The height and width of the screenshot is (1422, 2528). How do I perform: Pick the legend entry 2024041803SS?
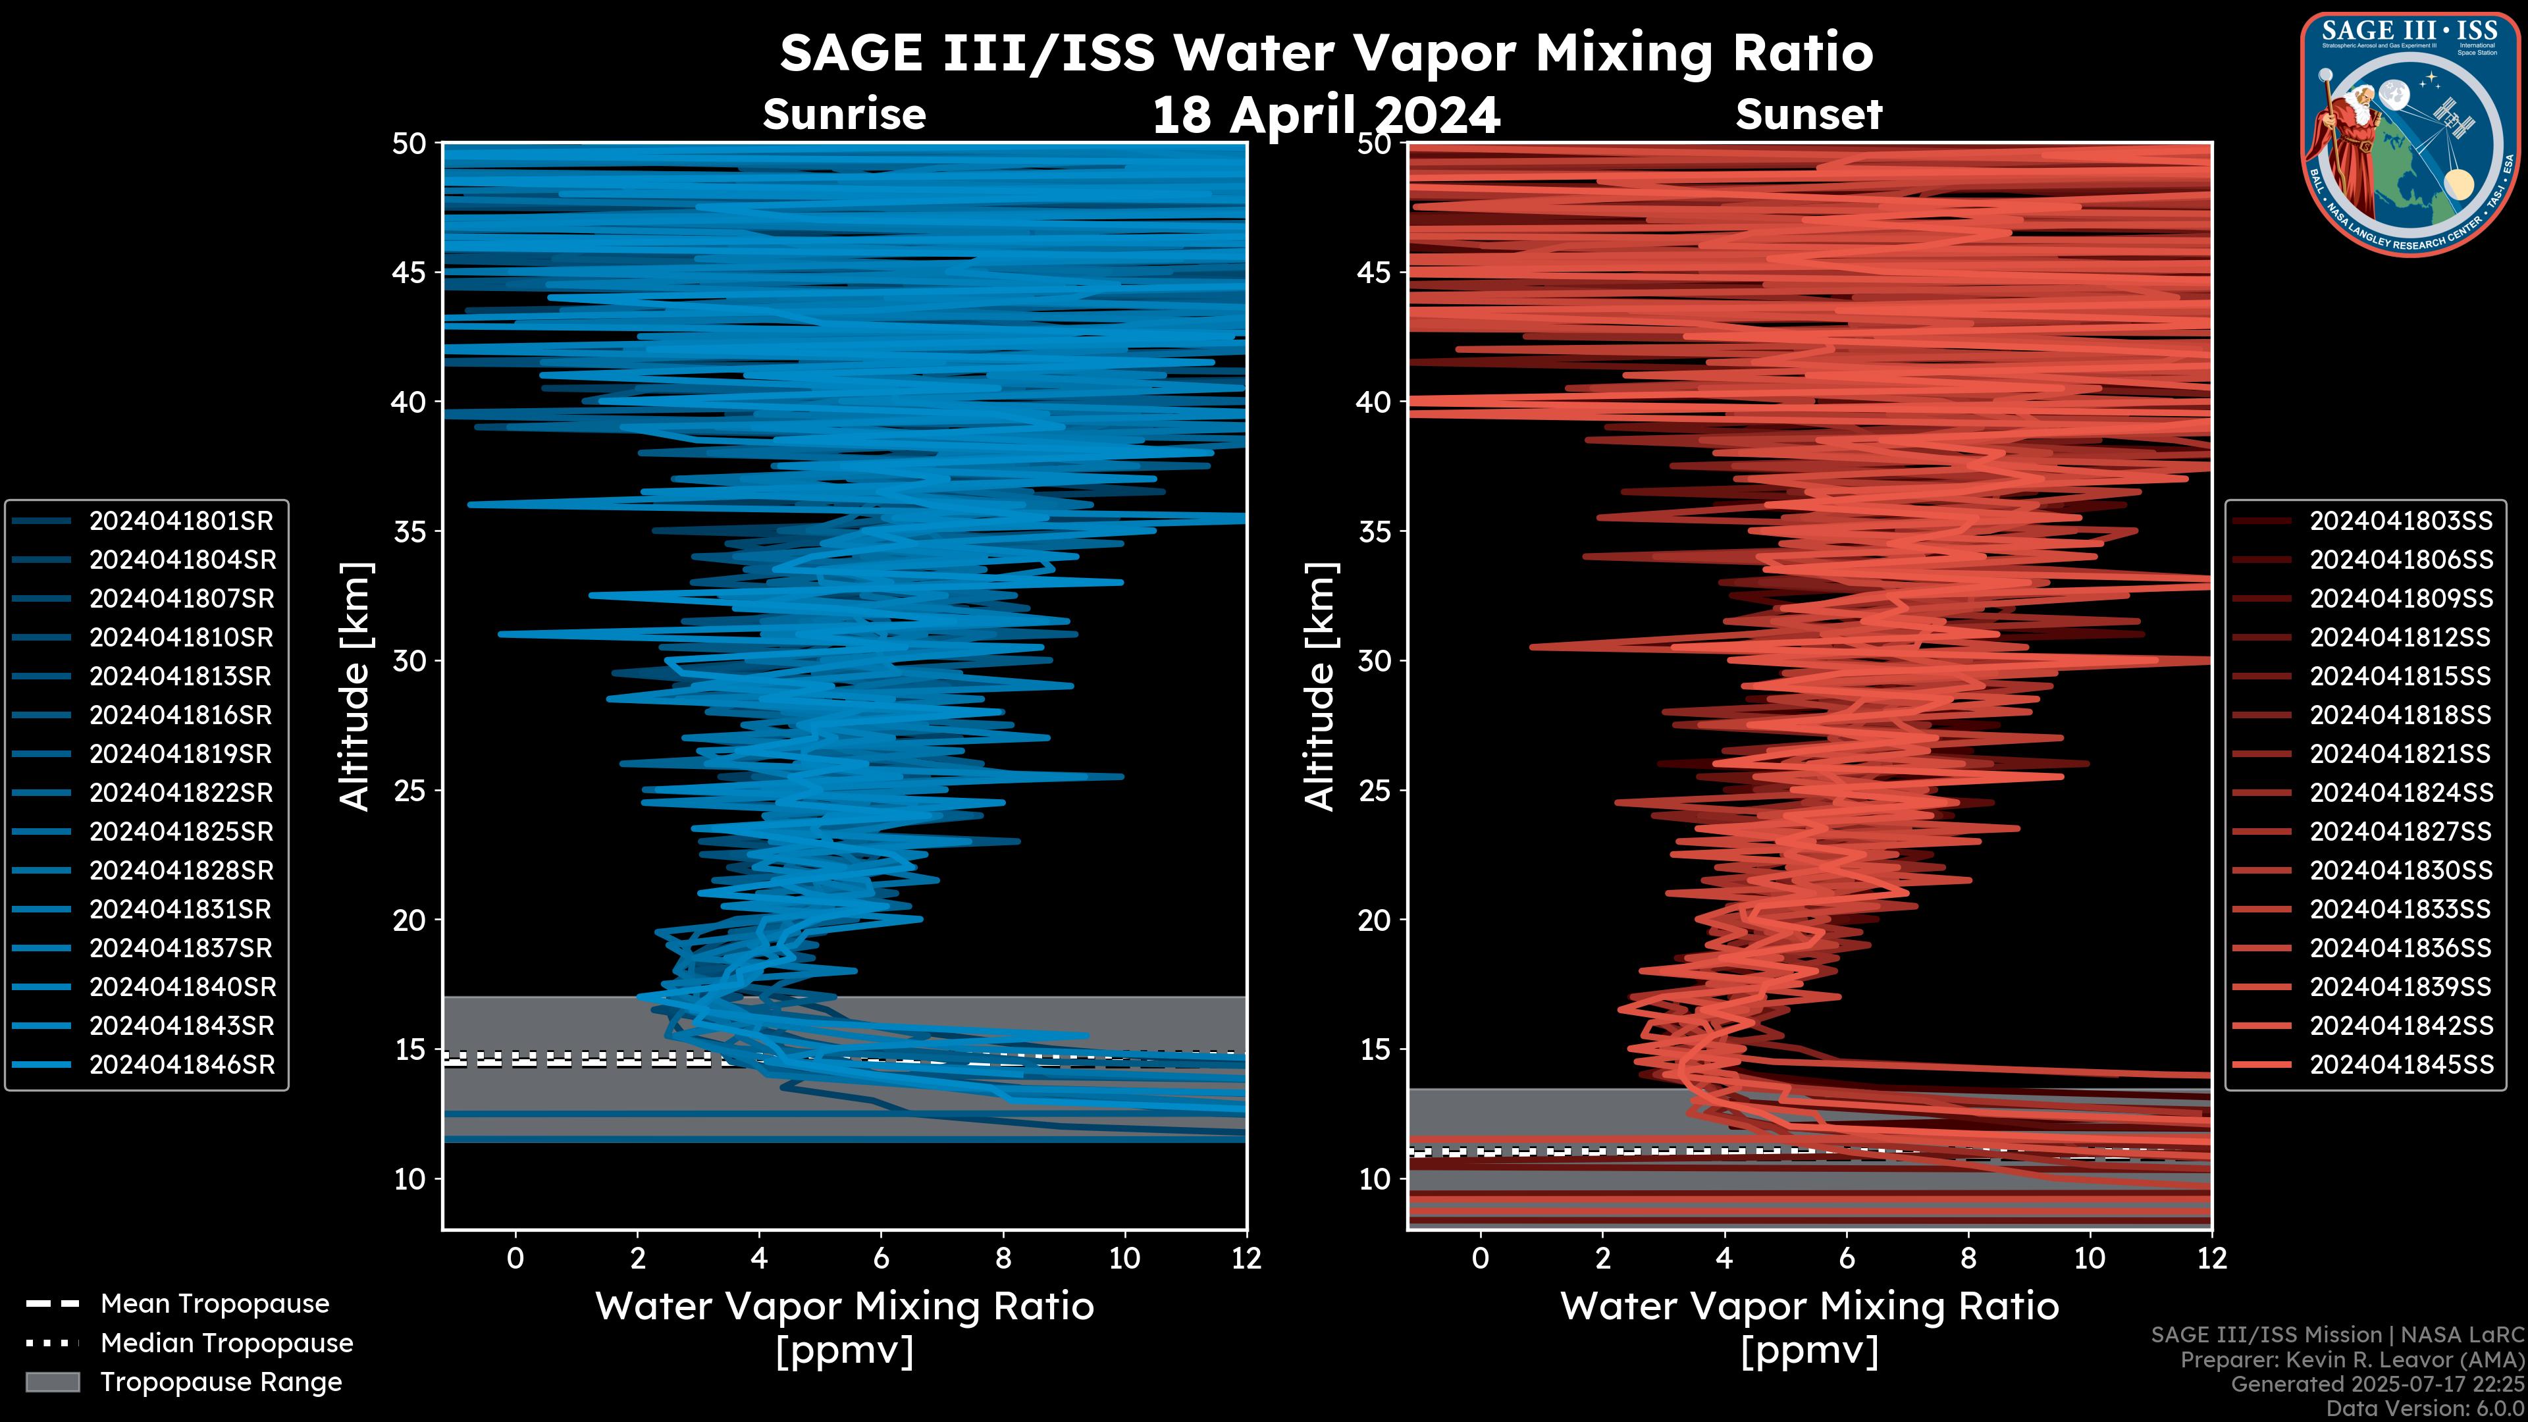pos(2400,521)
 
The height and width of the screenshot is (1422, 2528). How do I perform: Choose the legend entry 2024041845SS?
pos(2400,1065)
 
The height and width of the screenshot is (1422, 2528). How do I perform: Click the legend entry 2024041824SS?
pos(2400,793)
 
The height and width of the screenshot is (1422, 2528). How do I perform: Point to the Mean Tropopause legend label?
pos(215,1304)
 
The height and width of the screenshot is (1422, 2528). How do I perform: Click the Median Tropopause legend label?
pos(226,1344)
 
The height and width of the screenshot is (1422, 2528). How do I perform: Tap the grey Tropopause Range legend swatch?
pos(52,1382)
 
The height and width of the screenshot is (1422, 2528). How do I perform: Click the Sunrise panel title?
pos(844,114)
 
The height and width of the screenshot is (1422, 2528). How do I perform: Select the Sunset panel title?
pos(1808,114)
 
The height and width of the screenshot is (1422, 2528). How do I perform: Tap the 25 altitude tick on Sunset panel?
pos(1375,791)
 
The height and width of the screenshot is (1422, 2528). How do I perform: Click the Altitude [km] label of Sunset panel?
pos(1320,687)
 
